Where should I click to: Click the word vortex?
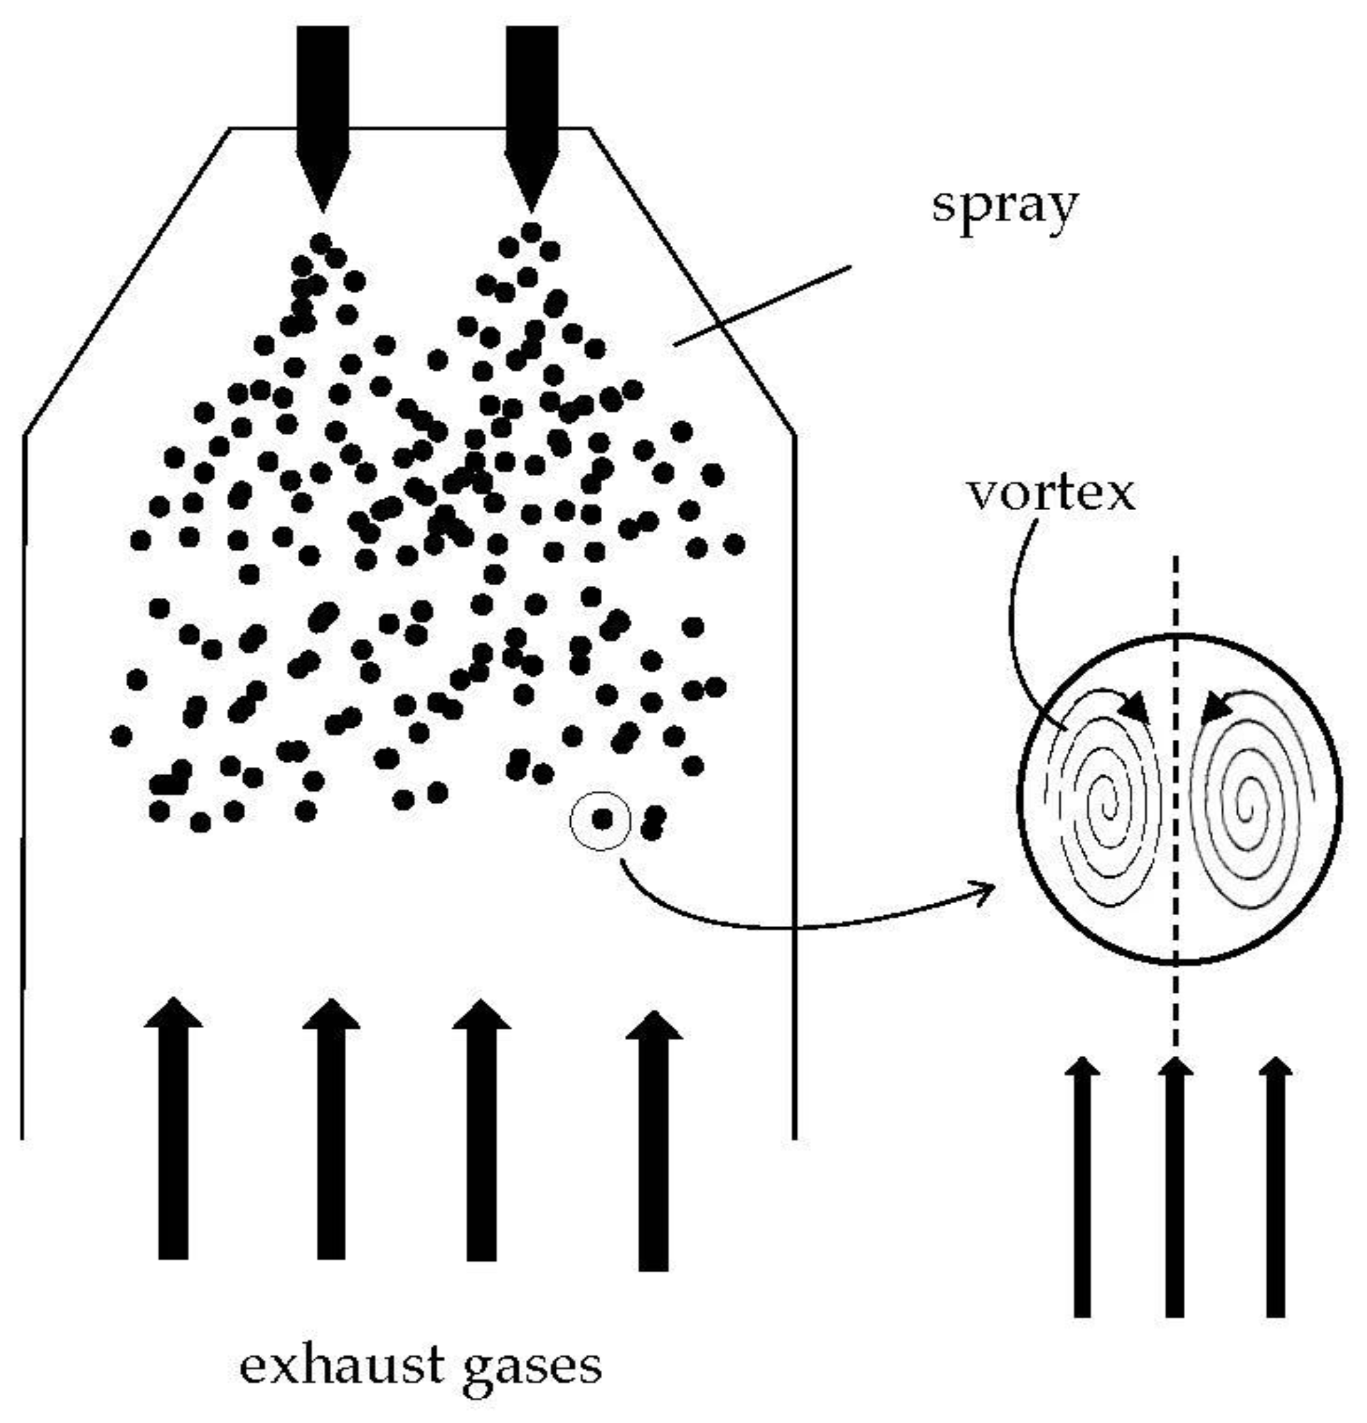coord(1050,494)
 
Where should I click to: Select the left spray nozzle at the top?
coord(322,116)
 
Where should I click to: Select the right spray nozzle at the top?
coord(531,116)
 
